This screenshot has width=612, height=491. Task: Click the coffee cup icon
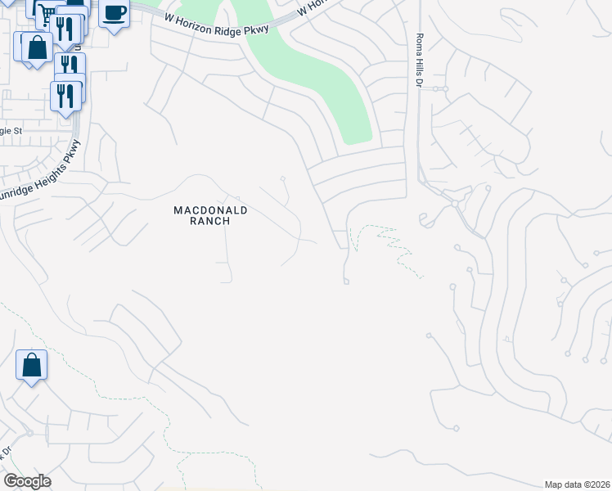pos(115,12)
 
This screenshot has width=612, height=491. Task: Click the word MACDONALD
pos(210,210)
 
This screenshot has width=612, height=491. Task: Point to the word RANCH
pos(210,221)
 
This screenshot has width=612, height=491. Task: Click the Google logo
pos(27,481)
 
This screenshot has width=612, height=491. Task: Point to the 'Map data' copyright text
pos(577,484)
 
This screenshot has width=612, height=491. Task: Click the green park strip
pos(327,82)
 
